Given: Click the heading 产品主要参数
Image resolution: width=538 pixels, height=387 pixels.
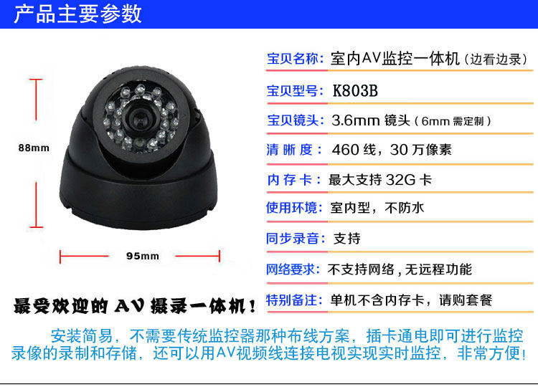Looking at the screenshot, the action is (77, 14).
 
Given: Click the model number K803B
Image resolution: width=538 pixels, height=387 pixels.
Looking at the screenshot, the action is (355, 91).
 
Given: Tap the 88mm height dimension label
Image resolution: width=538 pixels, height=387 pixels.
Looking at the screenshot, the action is (34, 148).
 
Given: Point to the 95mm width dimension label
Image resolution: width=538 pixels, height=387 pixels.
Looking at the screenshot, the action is (143, 256).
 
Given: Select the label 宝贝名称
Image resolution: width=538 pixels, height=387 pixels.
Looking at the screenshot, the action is (293, 59).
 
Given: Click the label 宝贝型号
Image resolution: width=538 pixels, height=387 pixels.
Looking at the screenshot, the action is (293, 91).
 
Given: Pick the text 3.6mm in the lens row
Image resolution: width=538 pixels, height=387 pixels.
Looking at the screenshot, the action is (356, 120).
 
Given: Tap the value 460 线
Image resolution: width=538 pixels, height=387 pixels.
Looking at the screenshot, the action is (354, 150).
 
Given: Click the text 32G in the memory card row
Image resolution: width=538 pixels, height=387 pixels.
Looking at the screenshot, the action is (400, 180).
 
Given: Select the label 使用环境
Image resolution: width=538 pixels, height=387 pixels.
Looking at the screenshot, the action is (292, 208).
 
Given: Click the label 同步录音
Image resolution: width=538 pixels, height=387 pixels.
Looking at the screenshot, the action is (293, 238).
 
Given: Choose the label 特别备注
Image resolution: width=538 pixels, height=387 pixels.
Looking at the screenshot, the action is (292, 300).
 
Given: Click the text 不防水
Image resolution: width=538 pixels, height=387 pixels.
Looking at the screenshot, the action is (404, 208).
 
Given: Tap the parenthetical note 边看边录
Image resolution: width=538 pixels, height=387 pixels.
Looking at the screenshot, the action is (496, 59).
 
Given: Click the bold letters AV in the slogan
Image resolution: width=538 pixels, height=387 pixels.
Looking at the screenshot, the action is (129, 305).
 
